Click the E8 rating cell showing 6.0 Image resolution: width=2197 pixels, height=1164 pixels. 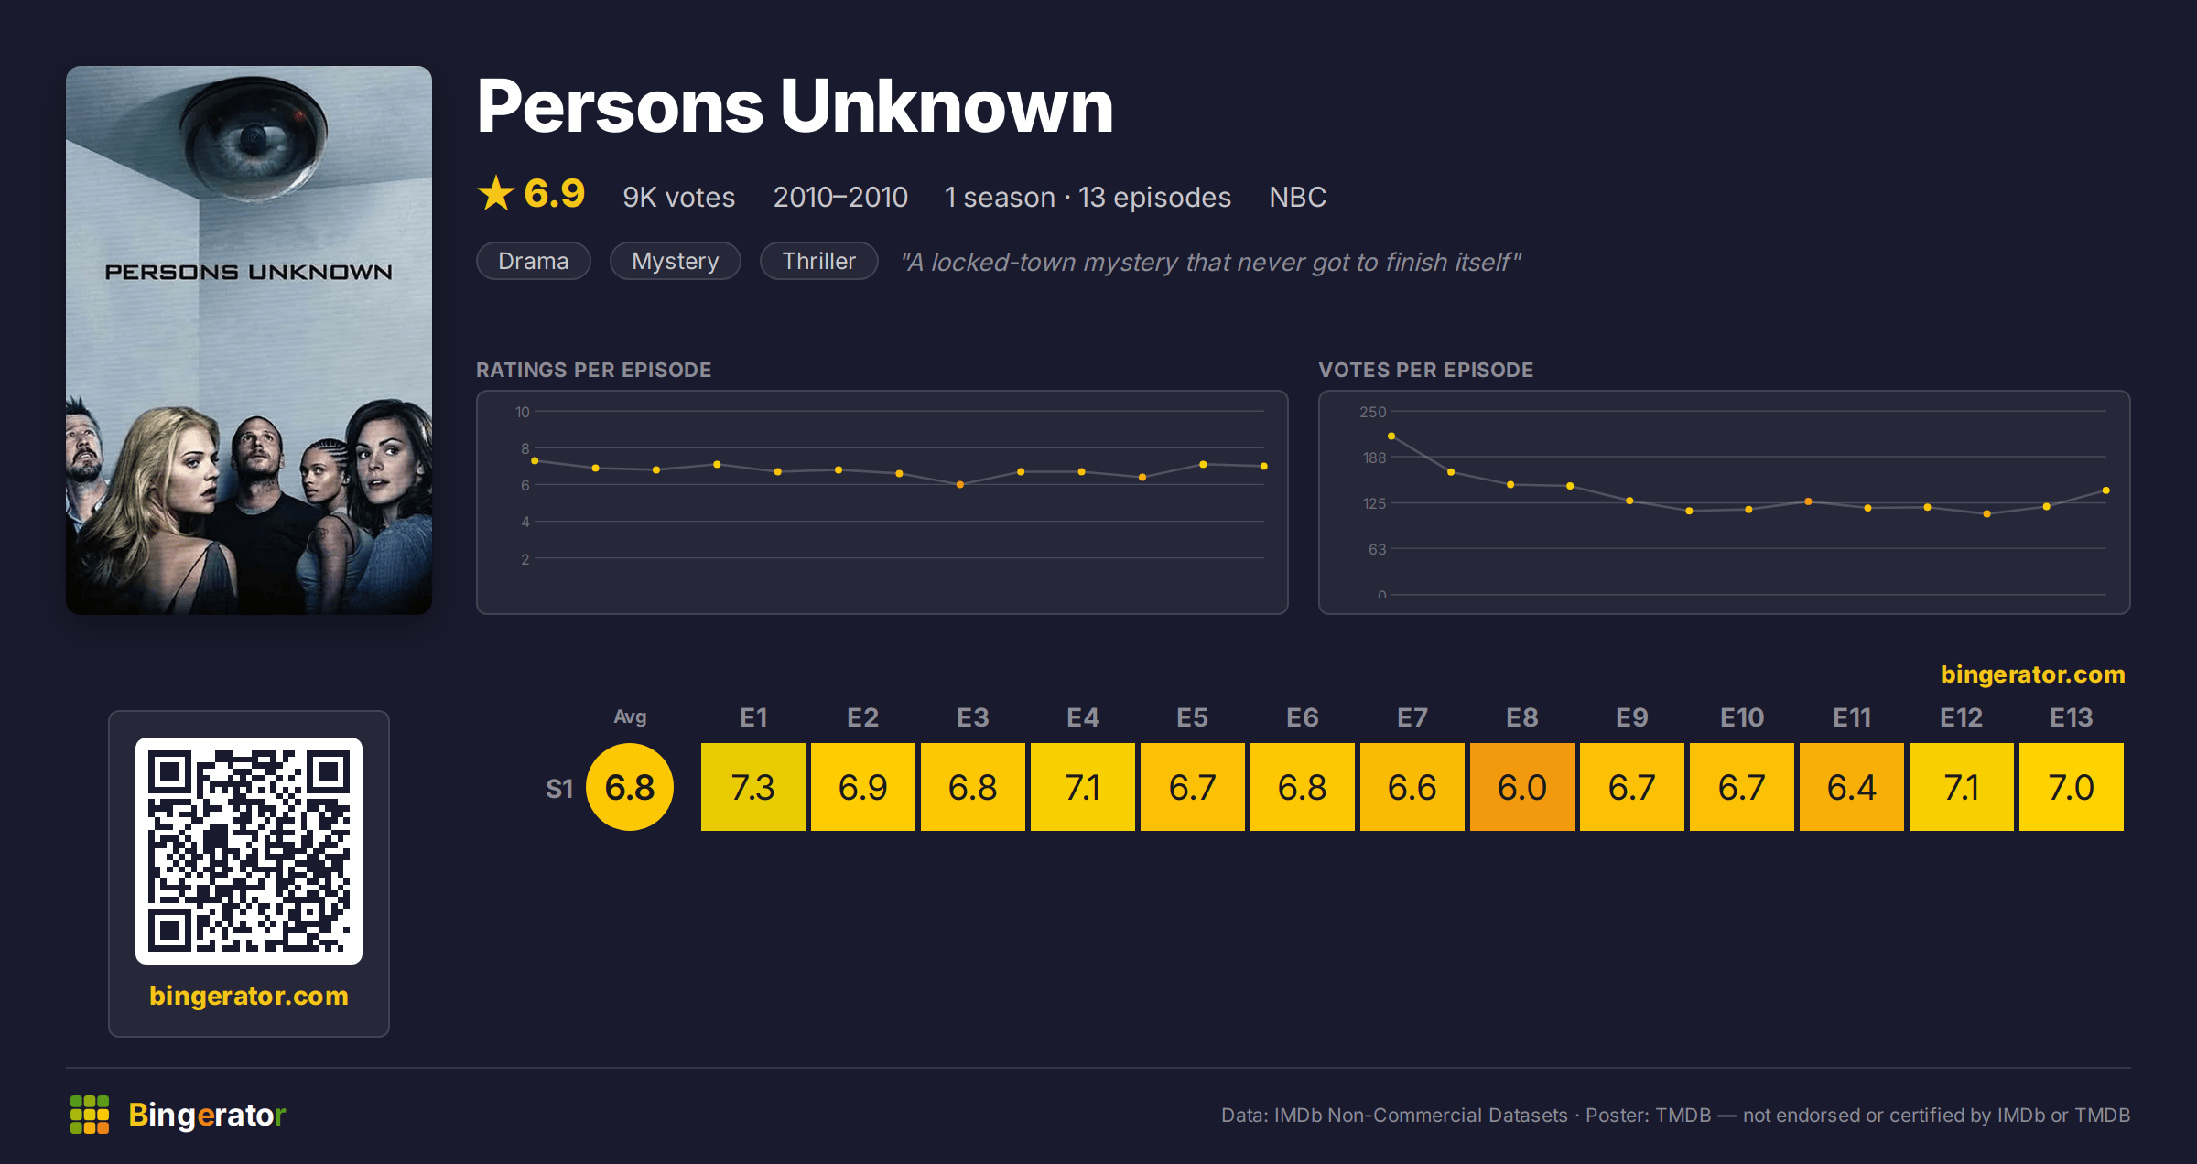(x=1521, y=787)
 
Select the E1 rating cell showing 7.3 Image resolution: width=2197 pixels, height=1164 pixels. (x=752, y=787)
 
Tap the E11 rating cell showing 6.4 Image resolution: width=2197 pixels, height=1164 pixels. (x=1851, y=787)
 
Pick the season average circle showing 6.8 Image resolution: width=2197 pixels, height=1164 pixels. (x=630, y=787)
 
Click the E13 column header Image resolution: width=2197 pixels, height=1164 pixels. (x=2071, y=717)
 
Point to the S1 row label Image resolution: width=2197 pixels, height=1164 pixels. (x=559, y=789)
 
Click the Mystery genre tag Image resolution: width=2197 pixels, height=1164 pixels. (x=676, y=261)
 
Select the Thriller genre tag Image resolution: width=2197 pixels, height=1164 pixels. (x=819, y=261)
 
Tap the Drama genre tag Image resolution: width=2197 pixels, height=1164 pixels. (x=534, y=261)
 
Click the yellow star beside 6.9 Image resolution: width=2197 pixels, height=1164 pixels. (x=496, y=193)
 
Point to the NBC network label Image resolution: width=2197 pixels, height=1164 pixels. (x=1297, y=197)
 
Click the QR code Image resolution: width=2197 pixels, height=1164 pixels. (x=249, y=851)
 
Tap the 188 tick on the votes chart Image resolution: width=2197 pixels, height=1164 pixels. (x=1374, y=458)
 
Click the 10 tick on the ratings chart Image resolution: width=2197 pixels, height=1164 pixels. (x=522, y=412)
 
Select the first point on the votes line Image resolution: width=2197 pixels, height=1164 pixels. (x=1391, y=436)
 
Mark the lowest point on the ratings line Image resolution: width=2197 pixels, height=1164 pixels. (x=960, y=485)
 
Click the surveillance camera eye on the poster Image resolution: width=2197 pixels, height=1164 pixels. (x=252, y=139)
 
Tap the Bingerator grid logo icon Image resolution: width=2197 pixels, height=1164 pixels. (x=90, y=1115)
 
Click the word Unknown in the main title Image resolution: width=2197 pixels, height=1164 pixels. (x=947, y=107)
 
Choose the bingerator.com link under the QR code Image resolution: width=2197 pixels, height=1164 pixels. (x=249, y=996)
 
